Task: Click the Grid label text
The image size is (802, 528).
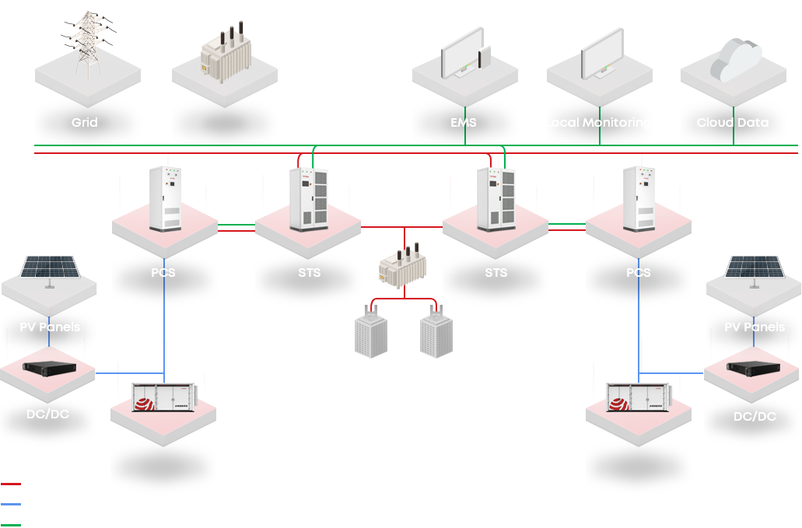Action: [x=85, y=123]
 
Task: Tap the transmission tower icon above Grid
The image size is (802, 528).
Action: [x=87, y=44]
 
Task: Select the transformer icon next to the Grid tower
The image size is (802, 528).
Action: [x=225, y=53]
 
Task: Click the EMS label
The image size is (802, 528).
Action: [x=464, y=123]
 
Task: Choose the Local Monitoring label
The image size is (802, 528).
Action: [x=598, y=123]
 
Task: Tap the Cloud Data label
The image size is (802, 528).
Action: [x=733, y=123]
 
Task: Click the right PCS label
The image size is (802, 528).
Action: [x=639, y=273]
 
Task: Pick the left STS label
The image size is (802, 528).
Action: [x=309, y=273]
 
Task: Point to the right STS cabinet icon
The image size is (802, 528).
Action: [x=496, y=199]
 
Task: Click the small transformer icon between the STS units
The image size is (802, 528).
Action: [x=403, y=263]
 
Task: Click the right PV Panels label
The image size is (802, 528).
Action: [x=755, y=327]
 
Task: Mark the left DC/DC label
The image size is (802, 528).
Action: [x=47, y=414]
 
